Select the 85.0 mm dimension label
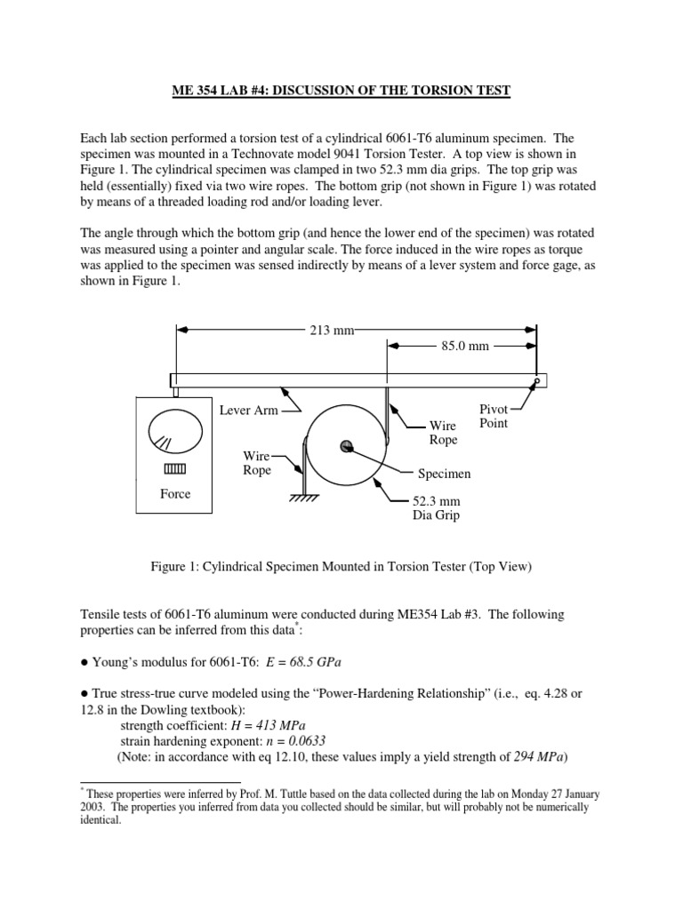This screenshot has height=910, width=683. [467, 346]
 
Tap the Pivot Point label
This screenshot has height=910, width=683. [494, 416]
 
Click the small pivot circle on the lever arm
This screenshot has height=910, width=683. [536, 381]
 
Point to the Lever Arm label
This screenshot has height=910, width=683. [249, 410]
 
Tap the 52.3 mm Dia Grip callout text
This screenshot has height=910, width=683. [435, 507]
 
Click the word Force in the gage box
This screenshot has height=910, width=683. [175, 494]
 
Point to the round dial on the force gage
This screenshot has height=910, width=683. [174, 436]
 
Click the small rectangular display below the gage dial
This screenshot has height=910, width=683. [175, 468]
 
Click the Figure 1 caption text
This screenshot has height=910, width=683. [341, 566]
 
